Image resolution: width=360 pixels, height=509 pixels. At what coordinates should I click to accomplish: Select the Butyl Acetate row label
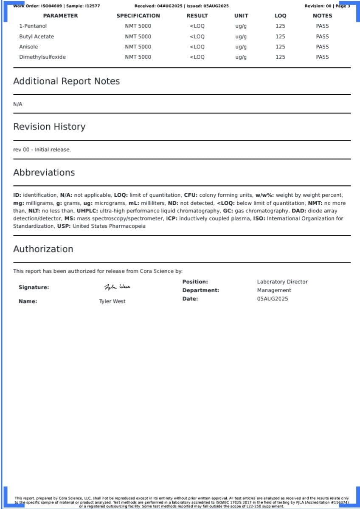37,37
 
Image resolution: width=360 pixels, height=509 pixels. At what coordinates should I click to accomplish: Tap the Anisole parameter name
28,47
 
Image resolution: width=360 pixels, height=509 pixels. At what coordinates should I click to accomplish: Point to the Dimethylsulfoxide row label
42,57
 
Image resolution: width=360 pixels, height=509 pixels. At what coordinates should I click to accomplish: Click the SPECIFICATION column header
138,16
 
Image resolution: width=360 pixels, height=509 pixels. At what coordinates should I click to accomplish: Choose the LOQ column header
280,16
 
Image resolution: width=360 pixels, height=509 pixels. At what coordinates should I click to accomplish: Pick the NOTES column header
322,16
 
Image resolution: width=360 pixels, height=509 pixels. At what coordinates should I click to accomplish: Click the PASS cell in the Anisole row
322,47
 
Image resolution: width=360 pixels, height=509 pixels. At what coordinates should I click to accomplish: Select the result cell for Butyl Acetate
197,37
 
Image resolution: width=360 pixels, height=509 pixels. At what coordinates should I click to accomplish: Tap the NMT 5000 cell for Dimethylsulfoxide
138,57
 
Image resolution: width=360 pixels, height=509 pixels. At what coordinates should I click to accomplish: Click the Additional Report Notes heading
66,81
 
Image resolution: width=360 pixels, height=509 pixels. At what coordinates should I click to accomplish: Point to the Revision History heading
49,127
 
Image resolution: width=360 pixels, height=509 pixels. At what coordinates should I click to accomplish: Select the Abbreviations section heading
44,172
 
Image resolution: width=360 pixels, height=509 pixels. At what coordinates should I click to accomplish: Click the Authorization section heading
43,249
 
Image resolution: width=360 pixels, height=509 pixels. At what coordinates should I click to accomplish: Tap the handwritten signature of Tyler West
117,287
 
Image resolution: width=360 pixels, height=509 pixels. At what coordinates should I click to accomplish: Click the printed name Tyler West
112,301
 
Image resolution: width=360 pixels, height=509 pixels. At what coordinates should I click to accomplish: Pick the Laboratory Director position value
282,282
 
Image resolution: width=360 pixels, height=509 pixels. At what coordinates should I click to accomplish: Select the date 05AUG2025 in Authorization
273,299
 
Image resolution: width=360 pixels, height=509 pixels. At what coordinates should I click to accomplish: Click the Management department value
274,290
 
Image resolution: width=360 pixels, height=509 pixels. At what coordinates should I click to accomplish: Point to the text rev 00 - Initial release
42,150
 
